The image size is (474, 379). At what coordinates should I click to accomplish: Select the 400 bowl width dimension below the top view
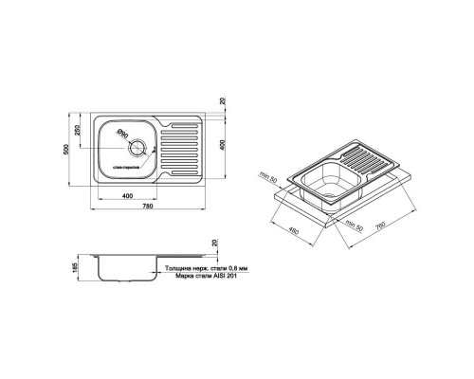(126, 197)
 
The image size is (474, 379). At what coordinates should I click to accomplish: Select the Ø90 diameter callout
(123, 135)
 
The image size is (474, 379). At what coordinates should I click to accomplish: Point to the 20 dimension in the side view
(212, 244)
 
